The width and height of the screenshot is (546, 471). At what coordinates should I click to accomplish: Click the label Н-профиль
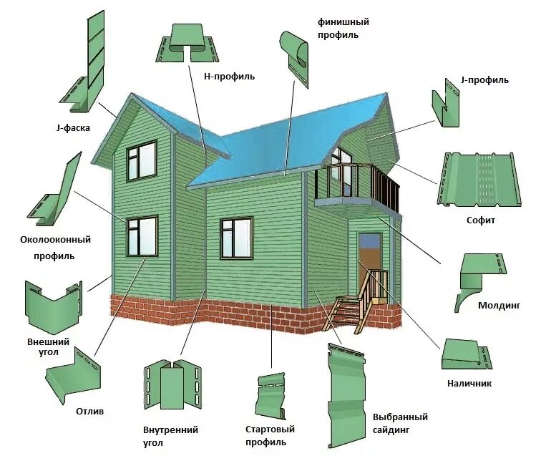[x=229, y=76]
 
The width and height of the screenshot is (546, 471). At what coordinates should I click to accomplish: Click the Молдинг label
[x=499, y=306]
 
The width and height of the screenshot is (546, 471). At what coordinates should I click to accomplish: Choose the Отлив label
[x=90, y=412]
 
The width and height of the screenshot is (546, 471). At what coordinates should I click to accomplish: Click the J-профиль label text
[x=485, y=80]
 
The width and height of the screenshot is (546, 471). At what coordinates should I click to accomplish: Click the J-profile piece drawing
[x=447, y=106]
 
